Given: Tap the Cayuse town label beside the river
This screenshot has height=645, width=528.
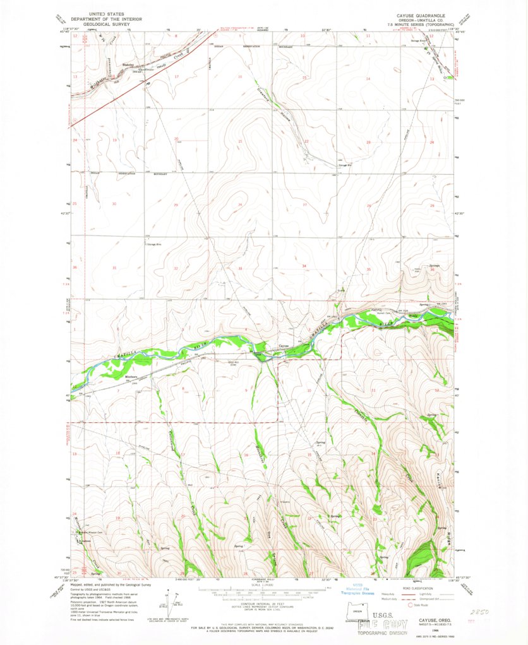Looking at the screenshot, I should pos(285,345).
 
